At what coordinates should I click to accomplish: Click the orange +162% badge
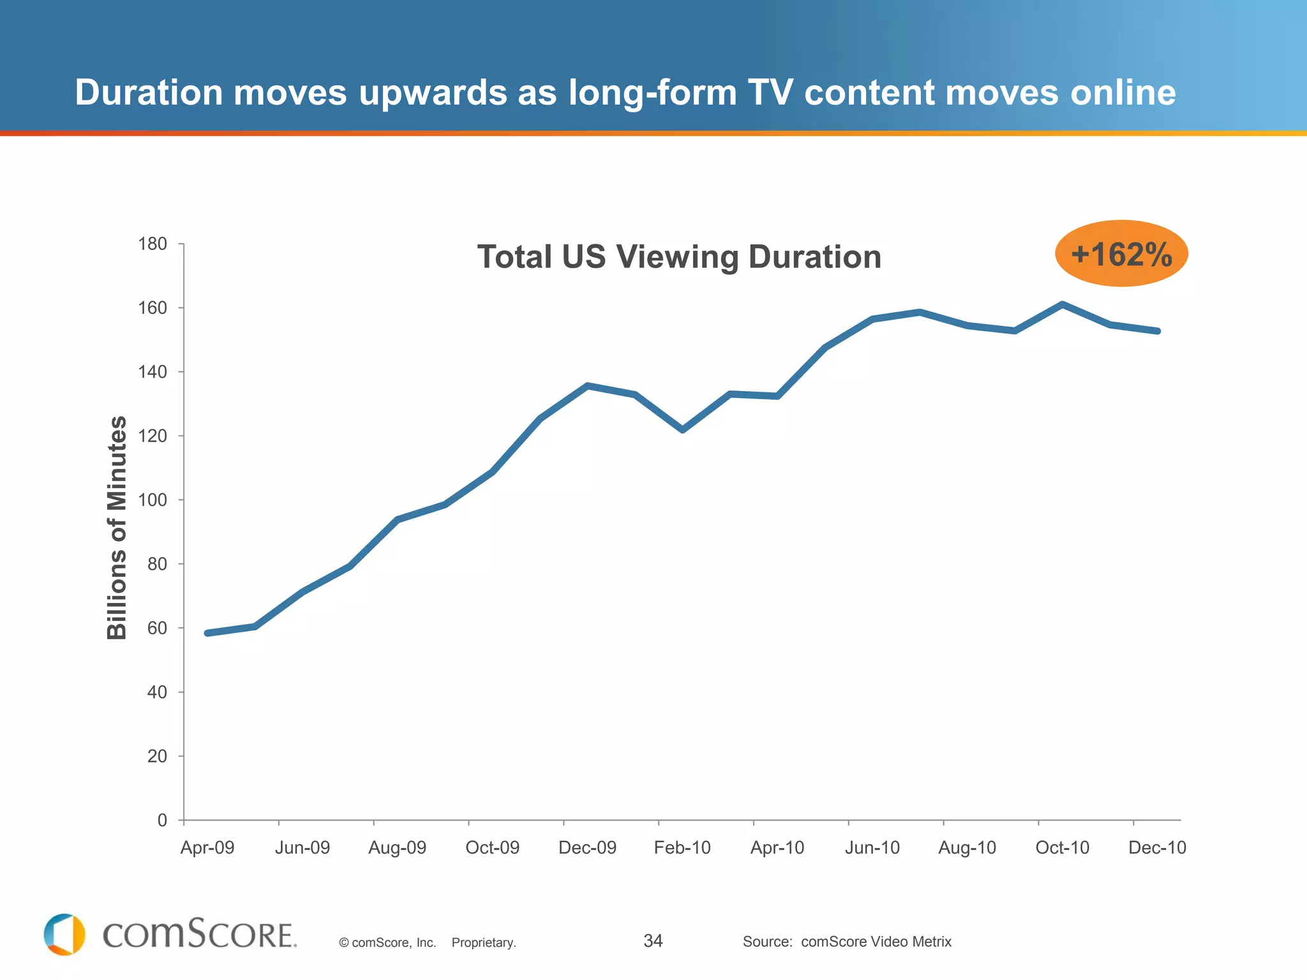click(1121, 254)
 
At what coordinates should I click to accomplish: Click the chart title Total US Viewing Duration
click(679, 256)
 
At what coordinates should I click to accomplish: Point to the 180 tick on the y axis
click(153, 244)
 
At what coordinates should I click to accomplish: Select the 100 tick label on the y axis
click(153, 500)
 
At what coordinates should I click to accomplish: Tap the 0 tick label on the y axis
click(162, 820)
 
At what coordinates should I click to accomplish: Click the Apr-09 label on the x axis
click(207, 848)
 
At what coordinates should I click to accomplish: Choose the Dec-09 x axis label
click(587, 848)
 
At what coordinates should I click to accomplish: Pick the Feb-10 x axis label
click(682, 848)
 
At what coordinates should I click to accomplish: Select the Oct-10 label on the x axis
click(1062, 848)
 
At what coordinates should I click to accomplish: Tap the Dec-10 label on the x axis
click(1157, 848)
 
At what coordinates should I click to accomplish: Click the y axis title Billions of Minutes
click(117, 528)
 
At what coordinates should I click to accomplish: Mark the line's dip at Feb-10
click(682, 430)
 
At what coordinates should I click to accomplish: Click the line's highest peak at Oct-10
click(1062, 304)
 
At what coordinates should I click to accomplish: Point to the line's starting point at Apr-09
click(207, 633)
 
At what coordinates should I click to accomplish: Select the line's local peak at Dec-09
click(587, 385)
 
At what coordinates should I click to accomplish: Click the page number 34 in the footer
click(653, 941)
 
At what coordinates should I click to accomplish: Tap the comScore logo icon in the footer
click(64, 935)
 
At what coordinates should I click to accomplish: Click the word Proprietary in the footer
click(484, 943)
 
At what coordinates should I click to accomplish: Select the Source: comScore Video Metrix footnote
click(847, 942)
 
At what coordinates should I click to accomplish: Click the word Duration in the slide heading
click(149, 93)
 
